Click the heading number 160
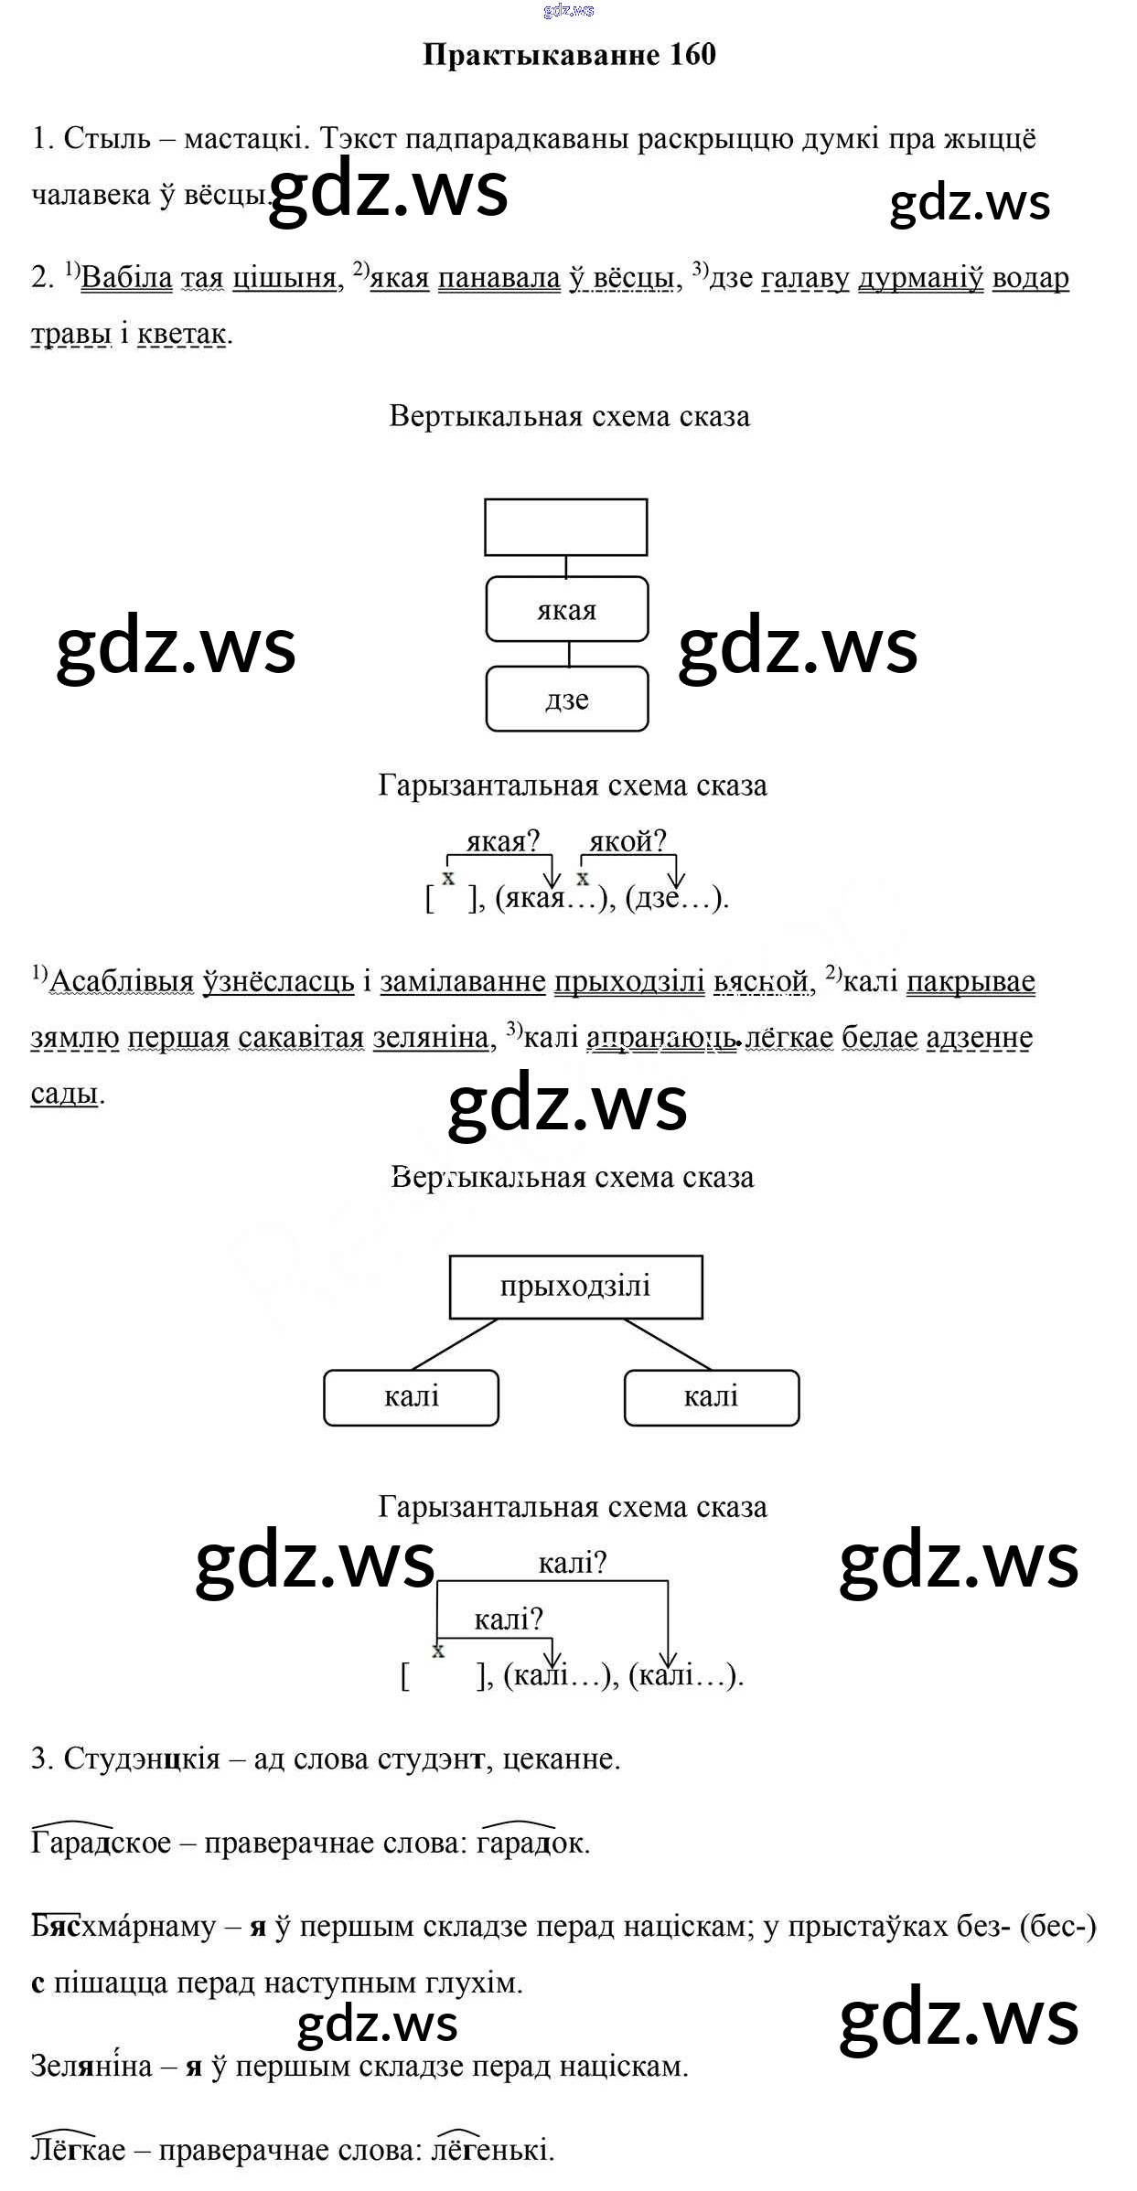[692, 55]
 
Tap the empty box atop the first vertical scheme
[565, 527]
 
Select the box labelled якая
[566, 609]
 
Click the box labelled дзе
[566, 699]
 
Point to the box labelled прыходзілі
[575, 1286]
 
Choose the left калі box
[411, 1396]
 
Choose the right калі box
[711, 1396]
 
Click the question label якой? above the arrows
[627, 840]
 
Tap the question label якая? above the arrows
[503, 840]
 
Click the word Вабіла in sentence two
[126, 278]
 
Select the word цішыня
[284, 278]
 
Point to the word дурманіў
[920, 278]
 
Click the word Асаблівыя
[122, 981]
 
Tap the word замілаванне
[463, 981]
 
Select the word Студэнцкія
[142, 1758]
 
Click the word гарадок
[531, 1842]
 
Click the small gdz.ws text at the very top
[568, 10]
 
